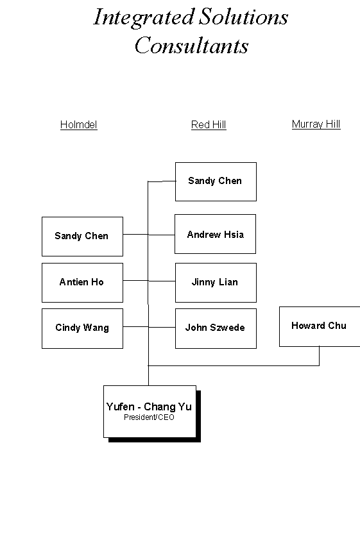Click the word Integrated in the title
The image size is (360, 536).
tap(144, 18)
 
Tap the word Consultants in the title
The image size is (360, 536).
tap(192, 45)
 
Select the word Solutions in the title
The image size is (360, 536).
tap(244, 17)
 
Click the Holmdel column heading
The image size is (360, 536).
tap(79, 125)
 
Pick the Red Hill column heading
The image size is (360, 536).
tap(209, 125)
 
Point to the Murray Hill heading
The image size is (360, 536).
tap(316, 124)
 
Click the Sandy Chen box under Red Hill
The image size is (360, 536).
tap(216, 181)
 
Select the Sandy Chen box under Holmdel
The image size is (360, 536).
tap(82, 236)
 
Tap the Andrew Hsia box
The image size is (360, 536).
tap(215, 234)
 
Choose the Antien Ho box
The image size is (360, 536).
tap(82, 282)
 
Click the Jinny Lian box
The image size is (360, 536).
tap(216, 282)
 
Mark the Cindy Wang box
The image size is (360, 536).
tap(82, 328)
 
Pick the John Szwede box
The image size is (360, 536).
tap(216, 328)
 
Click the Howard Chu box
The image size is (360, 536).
tap(320, 326)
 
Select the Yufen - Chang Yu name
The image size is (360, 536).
tap(149, 406)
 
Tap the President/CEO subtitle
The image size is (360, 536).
tap(150, 417)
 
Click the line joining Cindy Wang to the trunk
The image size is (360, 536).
tap(135, 327)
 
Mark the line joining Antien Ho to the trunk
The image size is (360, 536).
tap(135, 281)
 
